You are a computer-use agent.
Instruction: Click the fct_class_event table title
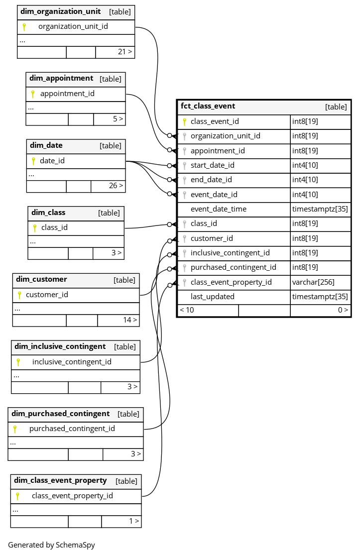tap(208, 106)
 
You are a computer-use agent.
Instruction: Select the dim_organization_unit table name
tap(60, 11)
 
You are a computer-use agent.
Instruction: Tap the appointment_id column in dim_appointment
tap(67, 94)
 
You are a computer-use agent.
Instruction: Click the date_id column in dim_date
tap(52, 161)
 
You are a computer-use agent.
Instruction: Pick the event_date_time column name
tap(218, 209)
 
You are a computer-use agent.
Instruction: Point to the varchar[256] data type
tap(313, 282)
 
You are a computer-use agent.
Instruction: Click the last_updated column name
tap(212, 297)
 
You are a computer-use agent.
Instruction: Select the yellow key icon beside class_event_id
tap(184, 121)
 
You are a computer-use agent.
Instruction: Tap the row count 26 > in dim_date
tap(116, 186)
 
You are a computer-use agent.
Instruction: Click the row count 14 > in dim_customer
tap(130, 320)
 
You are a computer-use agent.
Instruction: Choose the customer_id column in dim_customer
tap(47, 295)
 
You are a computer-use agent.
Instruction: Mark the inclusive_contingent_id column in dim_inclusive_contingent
tap(72, 362)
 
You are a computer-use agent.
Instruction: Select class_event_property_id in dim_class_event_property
tap(72, 496)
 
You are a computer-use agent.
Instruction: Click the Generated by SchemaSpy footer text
tap(51, 545)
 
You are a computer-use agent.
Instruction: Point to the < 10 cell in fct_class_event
tap(187, 310)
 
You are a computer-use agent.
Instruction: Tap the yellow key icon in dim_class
tap(35, 228)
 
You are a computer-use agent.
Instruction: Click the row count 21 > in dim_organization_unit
tap(125, 52)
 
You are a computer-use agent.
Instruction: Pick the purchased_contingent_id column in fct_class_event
tap(233, 267)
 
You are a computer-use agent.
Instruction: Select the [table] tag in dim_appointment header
tap(110, 79)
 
